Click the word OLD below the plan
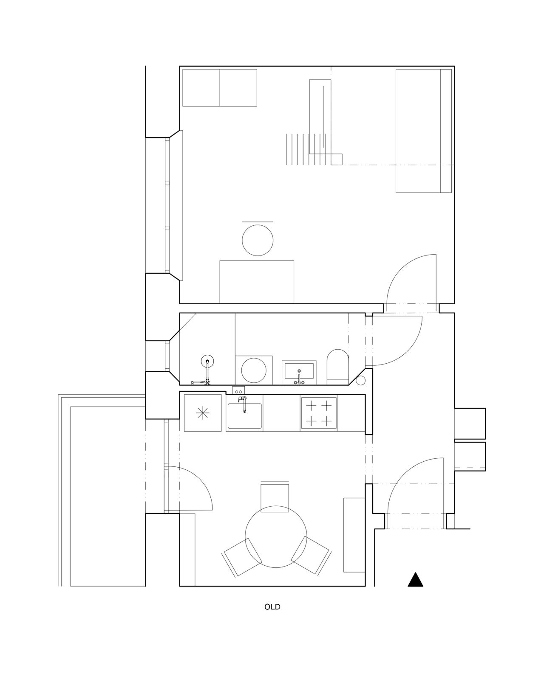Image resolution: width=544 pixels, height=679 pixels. click(272, 607)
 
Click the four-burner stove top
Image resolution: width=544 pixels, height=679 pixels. click(319, 412)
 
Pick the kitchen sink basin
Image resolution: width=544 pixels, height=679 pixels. click(244, 416)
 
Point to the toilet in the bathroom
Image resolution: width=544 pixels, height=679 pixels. click(337, 367)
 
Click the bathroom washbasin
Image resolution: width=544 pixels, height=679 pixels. click(299, 371)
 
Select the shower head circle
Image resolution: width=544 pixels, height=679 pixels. click(207, 361)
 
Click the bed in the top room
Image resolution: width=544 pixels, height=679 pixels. click(424, 131)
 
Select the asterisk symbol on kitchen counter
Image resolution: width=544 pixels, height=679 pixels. click(203, 413)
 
